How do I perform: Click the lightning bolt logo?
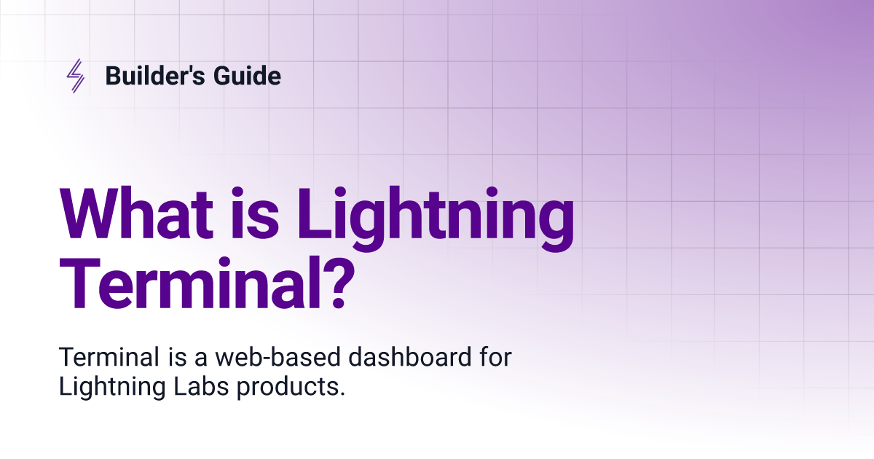(75, 76)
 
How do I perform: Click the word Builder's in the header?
(155, 75)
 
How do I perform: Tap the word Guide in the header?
(247, 75)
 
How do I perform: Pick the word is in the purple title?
(255, 213)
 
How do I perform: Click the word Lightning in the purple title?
(436, 219)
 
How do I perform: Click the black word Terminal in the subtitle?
(109, 357)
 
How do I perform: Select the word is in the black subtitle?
(178, 357)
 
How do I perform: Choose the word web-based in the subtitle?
(278, 357)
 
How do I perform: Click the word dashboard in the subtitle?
(410, 357)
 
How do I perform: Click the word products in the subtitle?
(286, 388)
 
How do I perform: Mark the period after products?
(342, 394)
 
